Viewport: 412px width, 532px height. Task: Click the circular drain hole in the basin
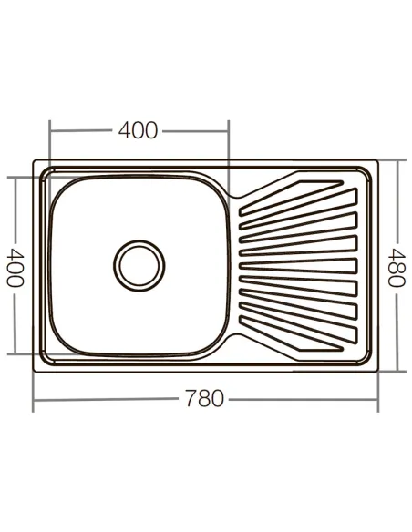pyautogui.click(x=139, y=265)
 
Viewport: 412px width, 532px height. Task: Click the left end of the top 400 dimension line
pyautogui.click(x=50, y=130)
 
